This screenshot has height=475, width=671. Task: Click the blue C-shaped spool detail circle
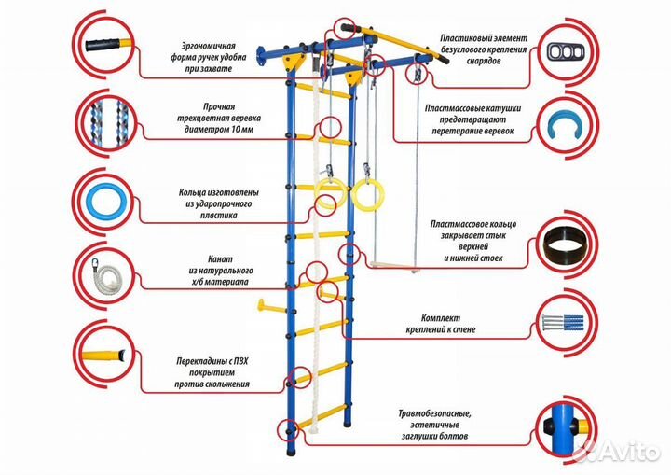pyautogui.click(x=565, y=129)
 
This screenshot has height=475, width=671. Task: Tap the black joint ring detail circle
pyautogui.click(x=565, y=249)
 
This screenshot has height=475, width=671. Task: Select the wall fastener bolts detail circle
pyautogui.click(x=565, y=328)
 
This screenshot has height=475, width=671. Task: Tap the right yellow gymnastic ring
pyautogui.click(x=362, y=195)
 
